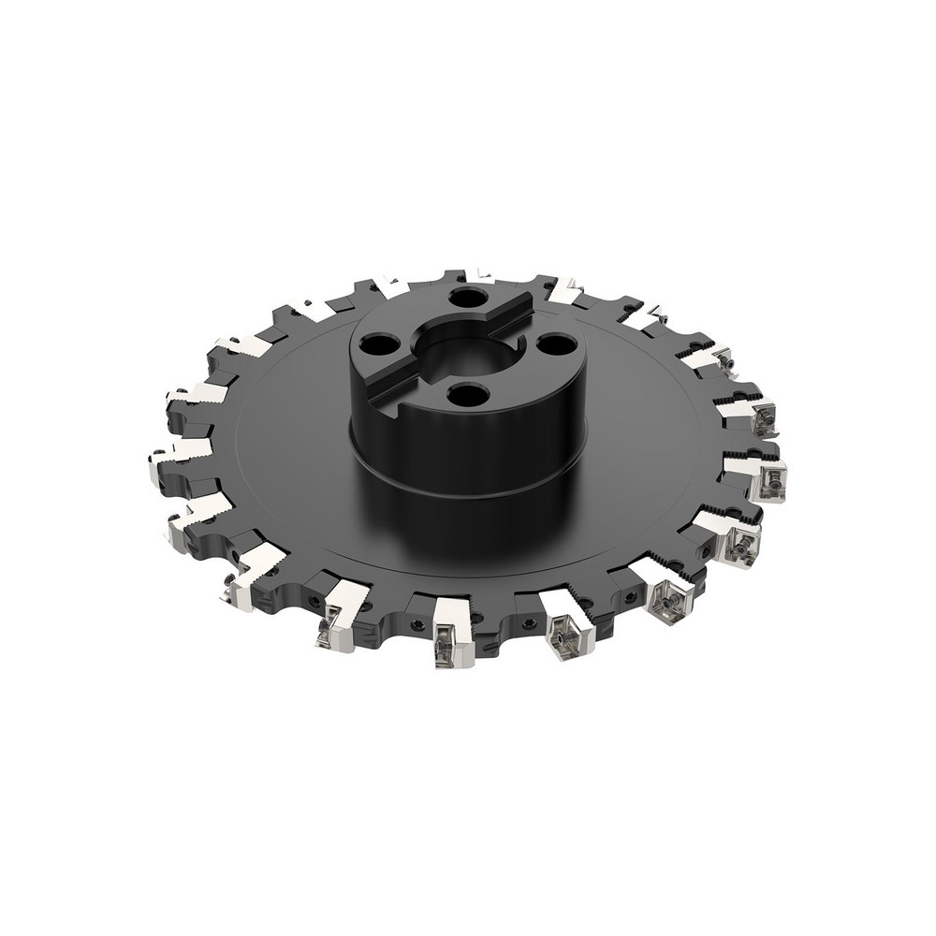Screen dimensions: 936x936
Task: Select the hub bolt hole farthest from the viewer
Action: (x=462, y=300)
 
